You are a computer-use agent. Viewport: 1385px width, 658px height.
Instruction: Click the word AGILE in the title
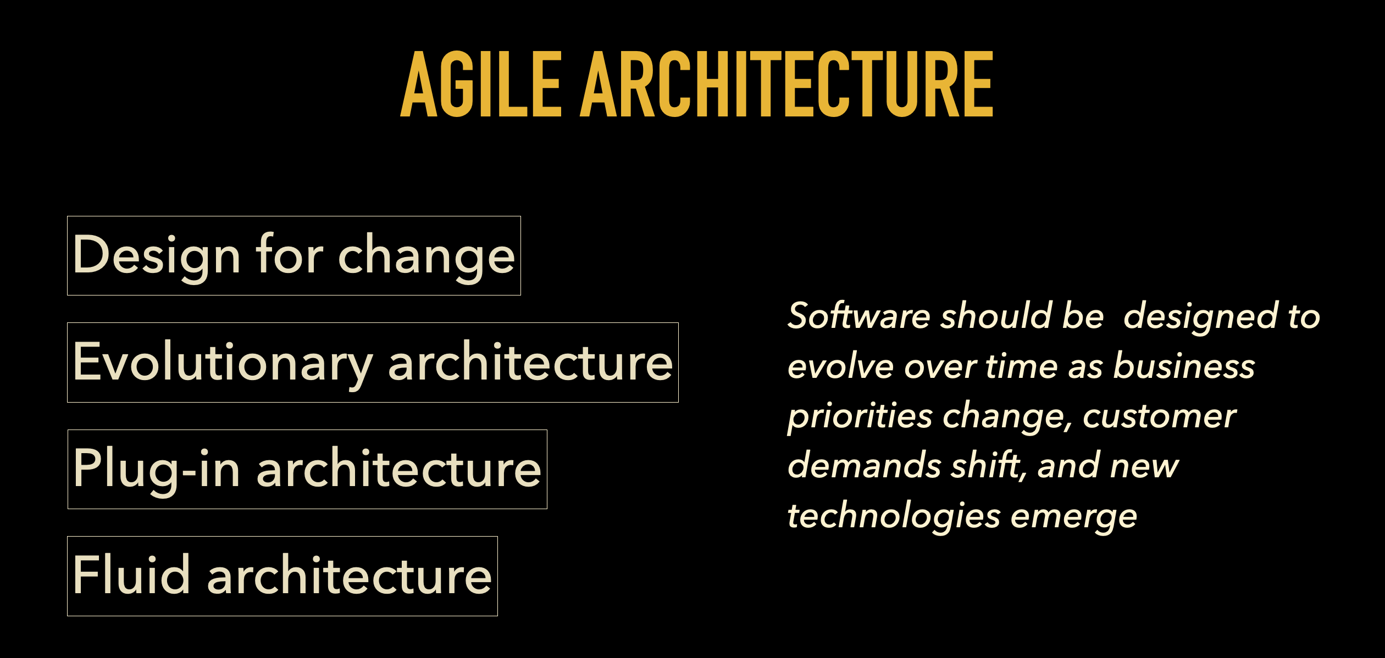(x=481, y=83)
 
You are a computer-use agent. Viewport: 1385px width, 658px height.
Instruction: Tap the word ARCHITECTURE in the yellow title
(x=786, y=83)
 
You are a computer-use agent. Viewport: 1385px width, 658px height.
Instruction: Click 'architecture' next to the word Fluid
(x=349, y=576)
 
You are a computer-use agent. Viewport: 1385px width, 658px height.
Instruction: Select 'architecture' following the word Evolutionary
(x=530, y=361)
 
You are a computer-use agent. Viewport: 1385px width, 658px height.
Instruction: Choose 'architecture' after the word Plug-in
(x=399, y=468)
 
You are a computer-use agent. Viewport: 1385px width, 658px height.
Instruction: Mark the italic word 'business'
(x=1184, y=365)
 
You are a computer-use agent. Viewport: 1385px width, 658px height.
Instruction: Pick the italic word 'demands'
(x=865, y=465)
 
